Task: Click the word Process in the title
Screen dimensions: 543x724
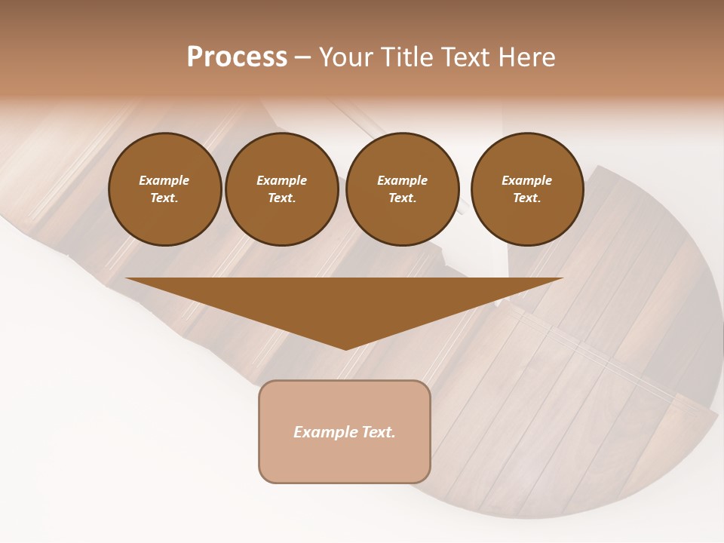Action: coord(237,57)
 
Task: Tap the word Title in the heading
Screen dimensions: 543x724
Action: coord(409,57)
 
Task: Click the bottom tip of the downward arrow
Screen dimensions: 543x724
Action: coord(345,348)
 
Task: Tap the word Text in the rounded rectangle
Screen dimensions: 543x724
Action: coord(379,432)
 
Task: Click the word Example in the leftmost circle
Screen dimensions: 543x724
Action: coord(164,180)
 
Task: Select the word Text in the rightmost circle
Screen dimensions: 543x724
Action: coord(527,198)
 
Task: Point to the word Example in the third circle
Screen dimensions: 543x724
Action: coord(403,180)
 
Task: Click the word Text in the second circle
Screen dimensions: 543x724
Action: coord(282,198)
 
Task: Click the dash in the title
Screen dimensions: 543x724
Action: coord(302,58)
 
